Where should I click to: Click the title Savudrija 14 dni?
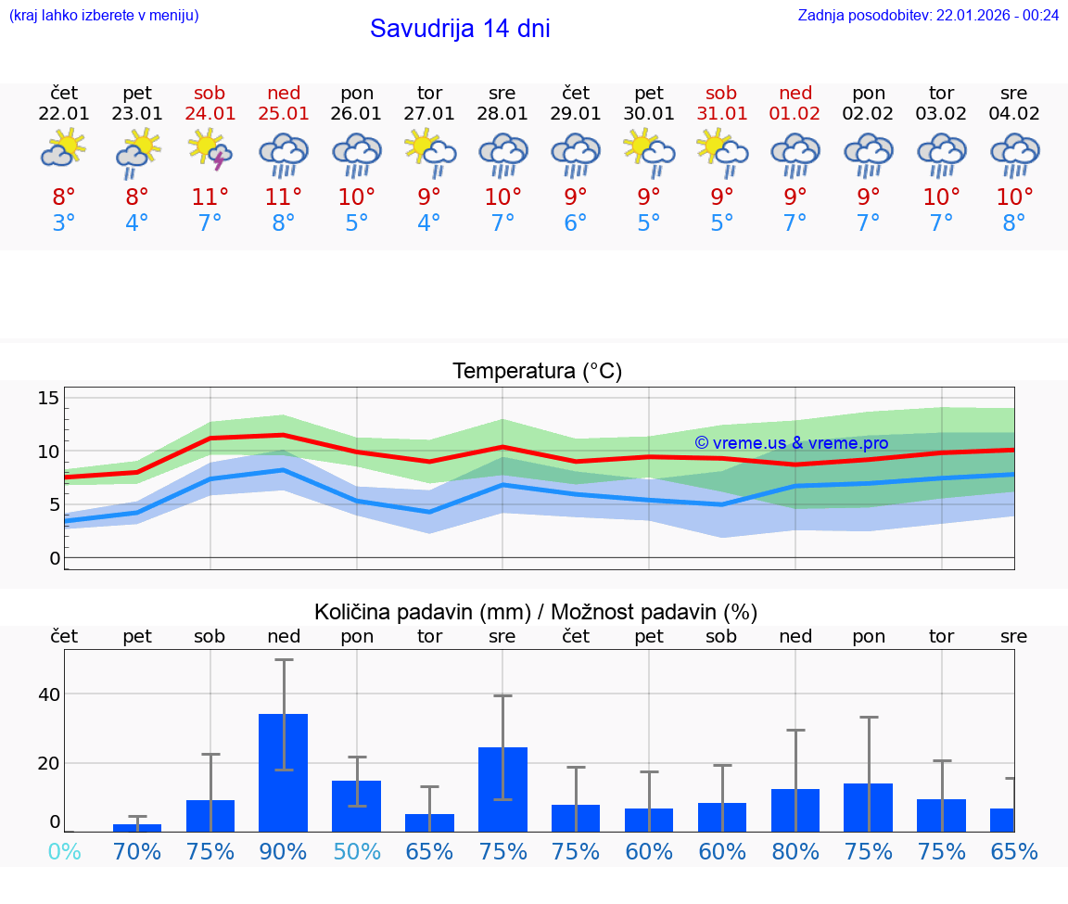click(x=460, y=29)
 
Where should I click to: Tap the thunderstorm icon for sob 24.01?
click(x=210, y=151)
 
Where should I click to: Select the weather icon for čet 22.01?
click(x=63, y=151)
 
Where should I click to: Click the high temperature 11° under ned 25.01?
click(x=284, y=197)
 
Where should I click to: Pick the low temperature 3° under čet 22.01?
click(x=63, y=223)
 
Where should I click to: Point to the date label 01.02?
click(x=795, y=114)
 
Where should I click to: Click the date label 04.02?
click(x=1014, y=114)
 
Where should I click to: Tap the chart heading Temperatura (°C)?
click(x=537, y=372)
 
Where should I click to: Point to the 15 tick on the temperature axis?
click(x=48, y=399)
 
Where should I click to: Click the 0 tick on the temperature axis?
click(x=55, y=558)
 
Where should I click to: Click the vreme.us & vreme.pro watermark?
click(x=792, y=443)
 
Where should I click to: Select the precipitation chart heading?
click(x=536, y=612)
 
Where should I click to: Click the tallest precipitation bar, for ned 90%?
click(x=284, y=772)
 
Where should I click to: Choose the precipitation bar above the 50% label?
click(x=357, y=806)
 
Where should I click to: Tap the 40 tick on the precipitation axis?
click(x=48, y=694)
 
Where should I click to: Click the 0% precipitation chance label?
click(x=63, y=851)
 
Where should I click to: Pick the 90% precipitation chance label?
click(x=284, y=851)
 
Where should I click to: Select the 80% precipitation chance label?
click(x=795, y=851)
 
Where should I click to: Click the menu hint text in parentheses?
click(x=104, y=15)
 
